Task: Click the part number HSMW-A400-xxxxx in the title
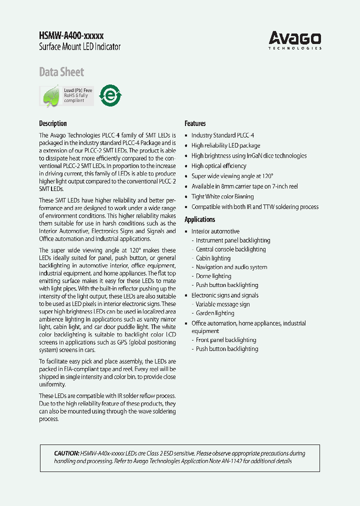click(71, 35)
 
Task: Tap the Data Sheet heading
click(61, 72)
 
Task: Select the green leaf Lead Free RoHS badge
click(66, 95)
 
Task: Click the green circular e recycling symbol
click(110, 94)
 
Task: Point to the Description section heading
click(53, 123)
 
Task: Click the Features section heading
click(195, 123)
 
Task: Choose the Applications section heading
click(200, 219)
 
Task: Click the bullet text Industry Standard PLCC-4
click(222, 135)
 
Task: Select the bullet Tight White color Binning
click(222, 196)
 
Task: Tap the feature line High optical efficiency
click(218, 166)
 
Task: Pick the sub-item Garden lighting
click(215, 313)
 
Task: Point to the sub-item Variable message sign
click(222, 304)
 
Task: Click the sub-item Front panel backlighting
click(226, 340)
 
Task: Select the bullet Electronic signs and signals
click(225, 295)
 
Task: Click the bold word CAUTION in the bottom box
click(66, 453)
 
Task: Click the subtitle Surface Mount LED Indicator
click(79, 47)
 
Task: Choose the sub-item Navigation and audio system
click(231, 267)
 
